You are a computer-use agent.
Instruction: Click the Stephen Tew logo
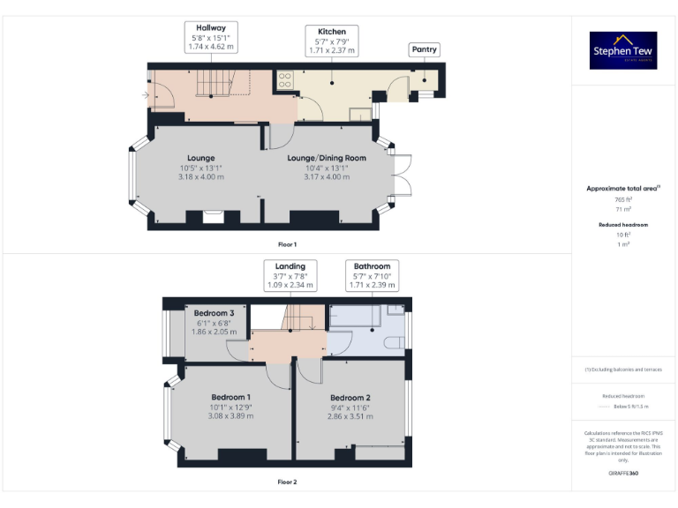[x=623, y=51]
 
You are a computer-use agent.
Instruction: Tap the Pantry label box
[x=425, y=50]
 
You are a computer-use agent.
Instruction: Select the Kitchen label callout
[x=331, y=41]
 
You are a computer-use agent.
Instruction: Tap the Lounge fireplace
[x=214, y=217]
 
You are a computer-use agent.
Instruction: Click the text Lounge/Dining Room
[x=327, y=158]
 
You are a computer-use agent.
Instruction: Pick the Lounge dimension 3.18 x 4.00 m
[x=201, y=177]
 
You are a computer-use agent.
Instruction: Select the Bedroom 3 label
[x=215, y=313]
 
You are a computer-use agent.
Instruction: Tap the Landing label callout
[x=290, y=275]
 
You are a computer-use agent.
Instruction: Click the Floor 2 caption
[x=288, y=482]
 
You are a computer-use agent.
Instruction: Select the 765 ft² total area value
[x=623, y=200]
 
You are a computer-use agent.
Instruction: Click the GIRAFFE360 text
[x=623, y=474]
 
